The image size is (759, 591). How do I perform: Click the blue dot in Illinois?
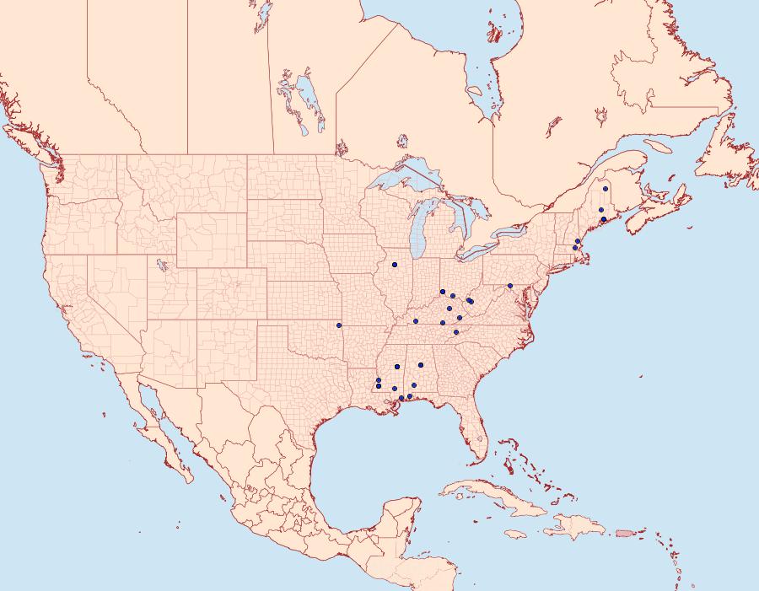click(394, 265)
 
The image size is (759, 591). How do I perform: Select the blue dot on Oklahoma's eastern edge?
click(339, 325)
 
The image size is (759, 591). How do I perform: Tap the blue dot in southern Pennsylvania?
click(510, 286)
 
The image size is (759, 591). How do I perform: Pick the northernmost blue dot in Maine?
click(606, 189)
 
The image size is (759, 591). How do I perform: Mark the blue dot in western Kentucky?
click(416, 321)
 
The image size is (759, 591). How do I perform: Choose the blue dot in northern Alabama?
click(420, 365)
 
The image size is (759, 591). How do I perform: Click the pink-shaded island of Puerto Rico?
click(625, 532)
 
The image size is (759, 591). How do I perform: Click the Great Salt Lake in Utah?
click(159, 264)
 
